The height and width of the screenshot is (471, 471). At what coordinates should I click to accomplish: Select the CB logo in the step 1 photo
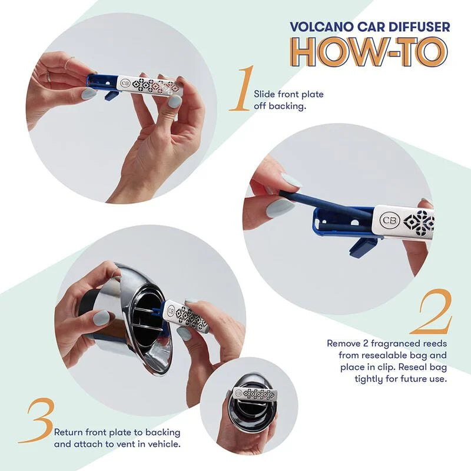pyautogui.click(x=125, y=84)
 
